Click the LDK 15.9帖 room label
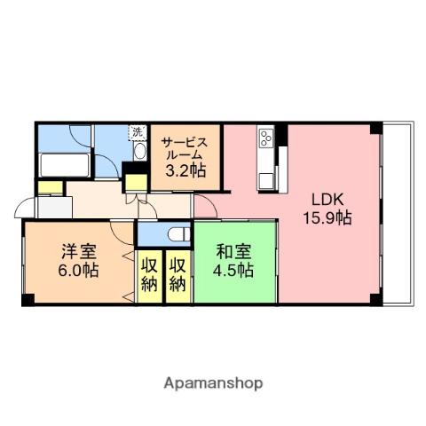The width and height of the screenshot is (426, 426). click(x=327, y=209)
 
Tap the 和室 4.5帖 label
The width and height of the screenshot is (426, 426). click(x=233, y=261)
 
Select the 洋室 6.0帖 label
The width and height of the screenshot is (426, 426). click(x=78, y=261)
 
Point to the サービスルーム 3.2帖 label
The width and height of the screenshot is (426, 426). click(x=185, y=157)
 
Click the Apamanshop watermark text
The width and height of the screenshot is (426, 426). click(x=213, y=383)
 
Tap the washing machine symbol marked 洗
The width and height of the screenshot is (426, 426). click(x=138, y=132)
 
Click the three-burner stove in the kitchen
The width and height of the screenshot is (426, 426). click(x=266, y=138)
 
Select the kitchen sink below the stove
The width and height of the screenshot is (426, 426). click(x=266, y=180)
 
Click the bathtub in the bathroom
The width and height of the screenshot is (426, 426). click(x=64, y=165)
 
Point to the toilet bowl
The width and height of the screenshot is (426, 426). click(x=179, y=234)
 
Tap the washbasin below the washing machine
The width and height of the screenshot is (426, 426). click(x=139, y=151)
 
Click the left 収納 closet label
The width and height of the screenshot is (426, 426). click(x=149, y=275)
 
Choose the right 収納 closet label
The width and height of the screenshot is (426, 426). click(x=177, y=275)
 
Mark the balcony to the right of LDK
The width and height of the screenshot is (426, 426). click(x=397, y=213)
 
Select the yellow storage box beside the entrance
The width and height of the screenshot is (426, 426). click(x=51, y=188)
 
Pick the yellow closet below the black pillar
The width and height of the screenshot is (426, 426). click(x=136, y=183)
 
